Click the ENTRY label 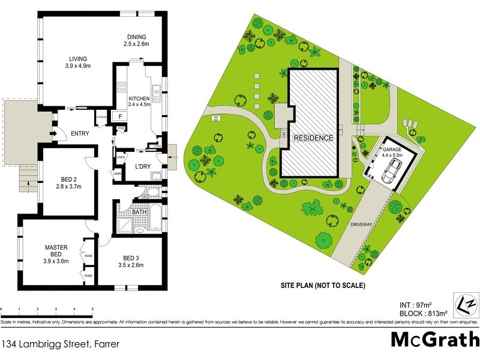point(80,133)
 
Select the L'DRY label point(142,166)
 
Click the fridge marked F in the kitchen point(121,116)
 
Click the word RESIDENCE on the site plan point(313,137)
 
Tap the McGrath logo point(434,339)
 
